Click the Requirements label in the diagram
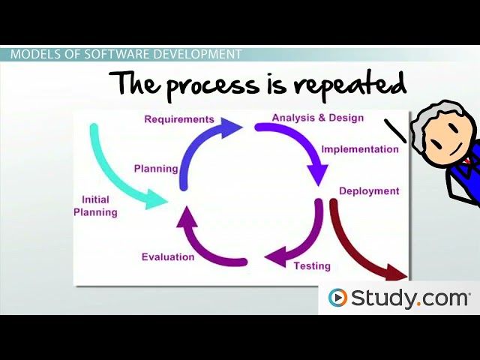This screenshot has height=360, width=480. pyautogui.click(x=179, y=119)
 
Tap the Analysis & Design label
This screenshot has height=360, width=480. pyautogui.click(x=317, y=118)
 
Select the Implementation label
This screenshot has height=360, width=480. pyautogui.click(x=360, y=149)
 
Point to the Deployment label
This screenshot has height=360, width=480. pyautogui.click(x=369, y=191)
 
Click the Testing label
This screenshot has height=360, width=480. pyautogui.click(x=312, y=265)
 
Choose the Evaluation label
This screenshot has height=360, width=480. pyautogui.click(x=168, y=257)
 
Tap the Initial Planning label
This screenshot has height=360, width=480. pyautogui.click(x=95, y=206)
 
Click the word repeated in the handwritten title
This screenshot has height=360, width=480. pyautogui.click(x=349, y=85)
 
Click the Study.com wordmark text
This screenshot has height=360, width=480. pyautogui.click(x=409, y=298)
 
